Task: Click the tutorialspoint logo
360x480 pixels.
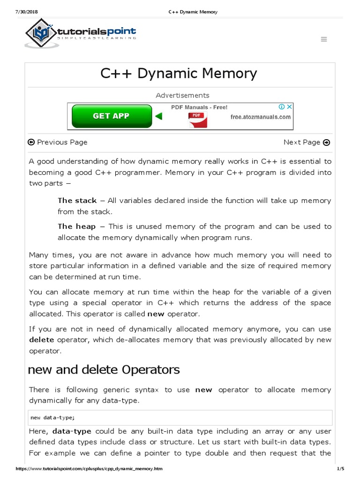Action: [81, 33]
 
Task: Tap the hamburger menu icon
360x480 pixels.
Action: [324, 39]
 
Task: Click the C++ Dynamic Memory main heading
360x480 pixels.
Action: [179, 74]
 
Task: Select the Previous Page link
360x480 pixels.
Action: [58, 142]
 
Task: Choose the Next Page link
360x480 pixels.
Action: [307, 142]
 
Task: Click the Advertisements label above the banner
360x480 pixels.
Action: [182, 95]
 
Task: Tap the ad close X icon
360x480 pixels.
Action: [290, 107]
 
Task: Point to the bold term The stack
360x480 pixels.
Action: [77, 201]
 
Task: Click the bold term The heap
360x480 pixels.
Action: [76, 226]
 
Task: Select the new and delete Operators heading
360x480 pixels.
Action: [104, 369]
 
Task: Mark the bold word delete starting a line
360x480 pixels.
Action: [42, 339]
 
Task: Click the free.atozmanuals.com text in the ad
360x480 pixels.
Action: [261, 117]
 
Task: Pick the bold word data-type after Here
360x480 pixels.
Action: [72, 431]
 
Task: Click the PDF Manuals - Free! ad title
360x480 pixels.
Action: [199, 107]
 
